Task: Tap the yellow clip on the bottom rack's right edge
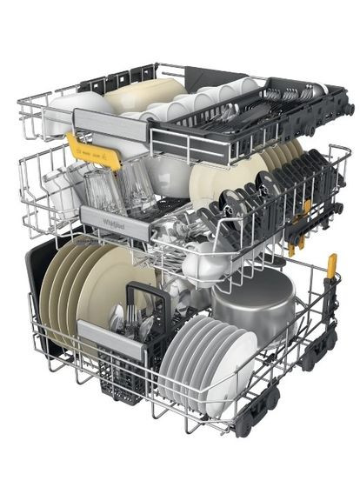(x=331, y=265)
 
